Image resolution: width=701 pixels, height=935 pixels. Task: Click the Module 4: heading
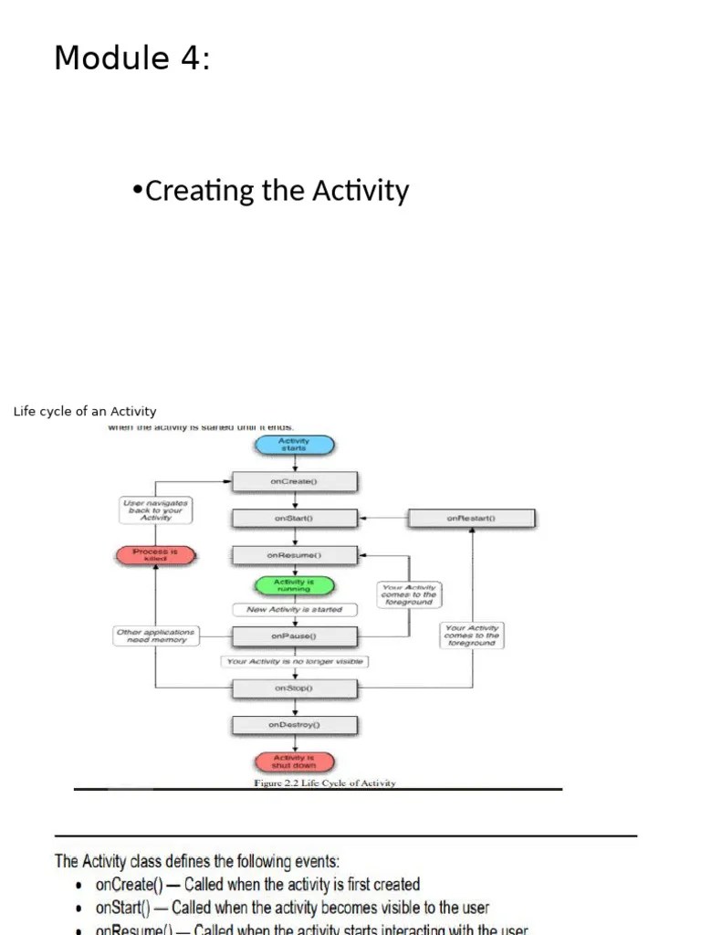click(x=132, y=58)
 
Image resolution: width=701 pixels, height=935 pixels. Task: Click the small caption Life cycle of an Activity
click(x=85, y=411)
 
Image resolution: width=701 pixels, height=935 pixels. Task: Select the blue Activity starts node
click(x=294, y=446)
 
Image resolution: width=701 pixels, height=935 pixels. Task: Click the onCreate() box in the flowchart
click(x=294, y=482)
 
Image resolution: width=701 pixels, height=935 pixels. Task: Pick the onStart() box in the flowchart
click(x=294, y=519)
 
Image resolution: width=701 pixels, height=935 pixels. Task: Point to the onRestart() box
click(x=471, y=519)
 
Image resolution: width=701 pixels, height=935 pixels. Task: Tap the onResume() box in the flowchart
click(x=294, y=555)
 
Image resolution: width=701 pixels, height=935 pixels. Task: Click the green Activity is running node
click(x=294, y=585)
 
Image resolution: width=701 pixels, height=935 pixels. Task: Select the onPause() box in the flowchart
click(x=294, y=636)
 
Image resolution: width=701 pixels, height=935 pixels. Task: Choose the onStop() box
click(x=294, y=688)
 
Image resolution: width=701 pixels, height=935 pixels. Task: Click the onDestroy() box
click(x=294, y=725)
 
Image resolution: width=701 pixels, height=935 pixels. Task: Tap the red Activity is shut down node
click(x=294, y=762)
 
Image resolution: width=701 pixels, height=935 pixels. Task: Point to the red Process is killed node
click(x=155, y=555)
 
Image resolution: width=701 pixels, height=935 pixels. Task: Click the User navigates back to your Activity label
click(x=155, y=510)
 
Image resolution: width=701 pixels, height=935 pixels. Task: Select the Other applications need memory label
click(x=155, y=636)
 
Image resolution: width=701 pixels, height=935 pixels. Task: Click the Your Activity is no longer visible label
click(x=294, y=661)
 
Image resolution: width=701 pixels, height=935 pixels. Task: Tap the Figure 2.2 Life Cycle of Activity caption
click(x=324, y=783)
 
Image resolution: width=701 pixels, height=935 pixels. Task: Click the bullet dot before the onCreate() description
click(x=80, y=886)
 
